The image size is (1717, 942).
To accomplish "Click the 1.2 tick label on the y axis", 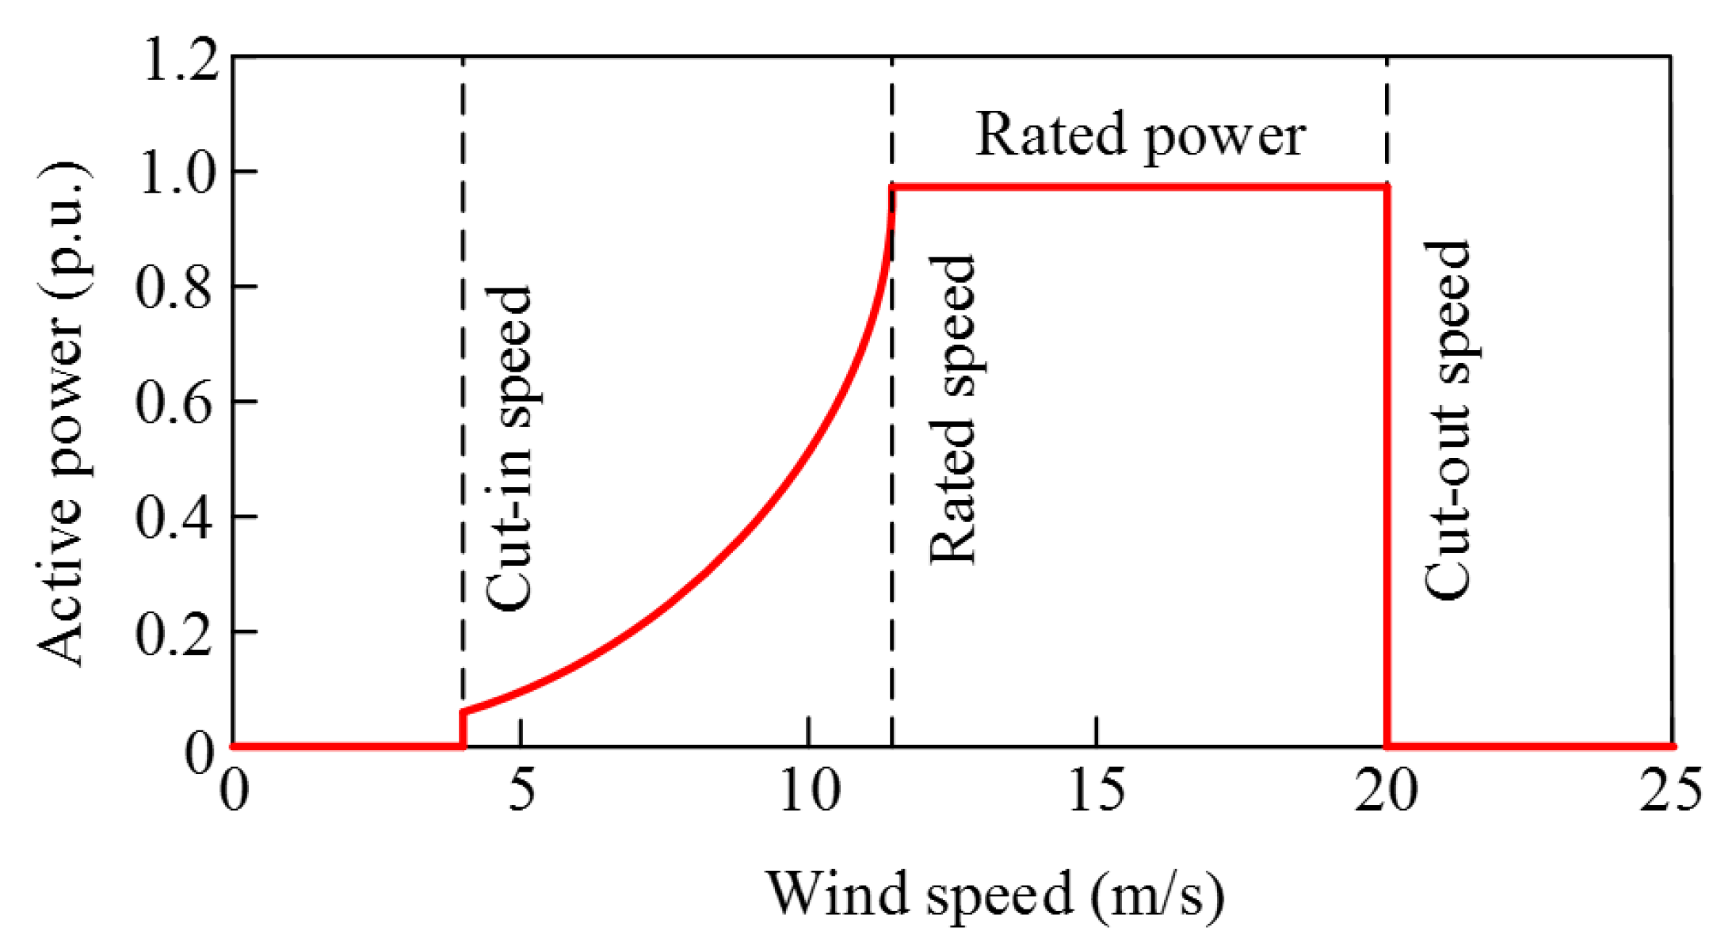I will pos(180,60).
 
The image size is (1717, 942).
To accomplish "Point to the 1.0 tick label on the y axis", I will pos(176,174).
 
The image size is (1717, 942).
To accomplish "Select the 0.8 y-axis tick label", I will pos(174,288).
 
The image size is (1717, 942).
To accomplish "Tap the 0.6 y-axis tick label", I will pos(174,402).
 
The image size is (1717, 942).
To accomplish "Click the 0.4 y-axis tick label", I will pos(174,518).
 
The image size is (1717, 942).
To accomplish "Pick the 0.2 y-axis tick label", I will pos(174,633).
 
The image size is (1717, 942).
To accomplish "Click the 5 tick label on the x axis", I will pos(521,790).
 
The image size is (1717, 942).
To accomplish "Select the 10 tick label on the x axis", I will pos(809,790).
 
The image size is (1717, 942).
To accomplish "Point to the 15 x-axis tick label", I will pos(1097,790).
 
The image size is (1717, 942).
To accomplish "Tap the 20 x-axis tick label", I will pos(1385,790).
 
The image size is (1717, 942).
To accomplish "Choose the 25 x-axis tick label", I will pos(1670,790).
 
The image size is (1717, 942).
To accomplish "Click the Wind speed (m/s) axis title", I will pos(994,894).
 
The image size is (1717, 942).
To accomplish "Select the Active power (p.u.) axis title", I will pos(62,414).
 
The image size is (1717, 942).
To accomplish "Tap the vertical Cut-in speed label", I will pos(508,448).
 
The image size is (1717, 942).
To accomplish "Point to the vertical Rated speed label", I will pos(952,410).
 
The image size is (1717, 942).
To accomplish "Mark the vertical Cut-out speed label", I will pos(1447,419).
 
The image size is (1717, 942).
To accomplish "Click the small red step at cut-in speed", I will pos(463,727).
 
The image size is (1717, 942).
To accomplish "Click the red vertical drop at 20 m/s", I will pos(1387,475).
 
